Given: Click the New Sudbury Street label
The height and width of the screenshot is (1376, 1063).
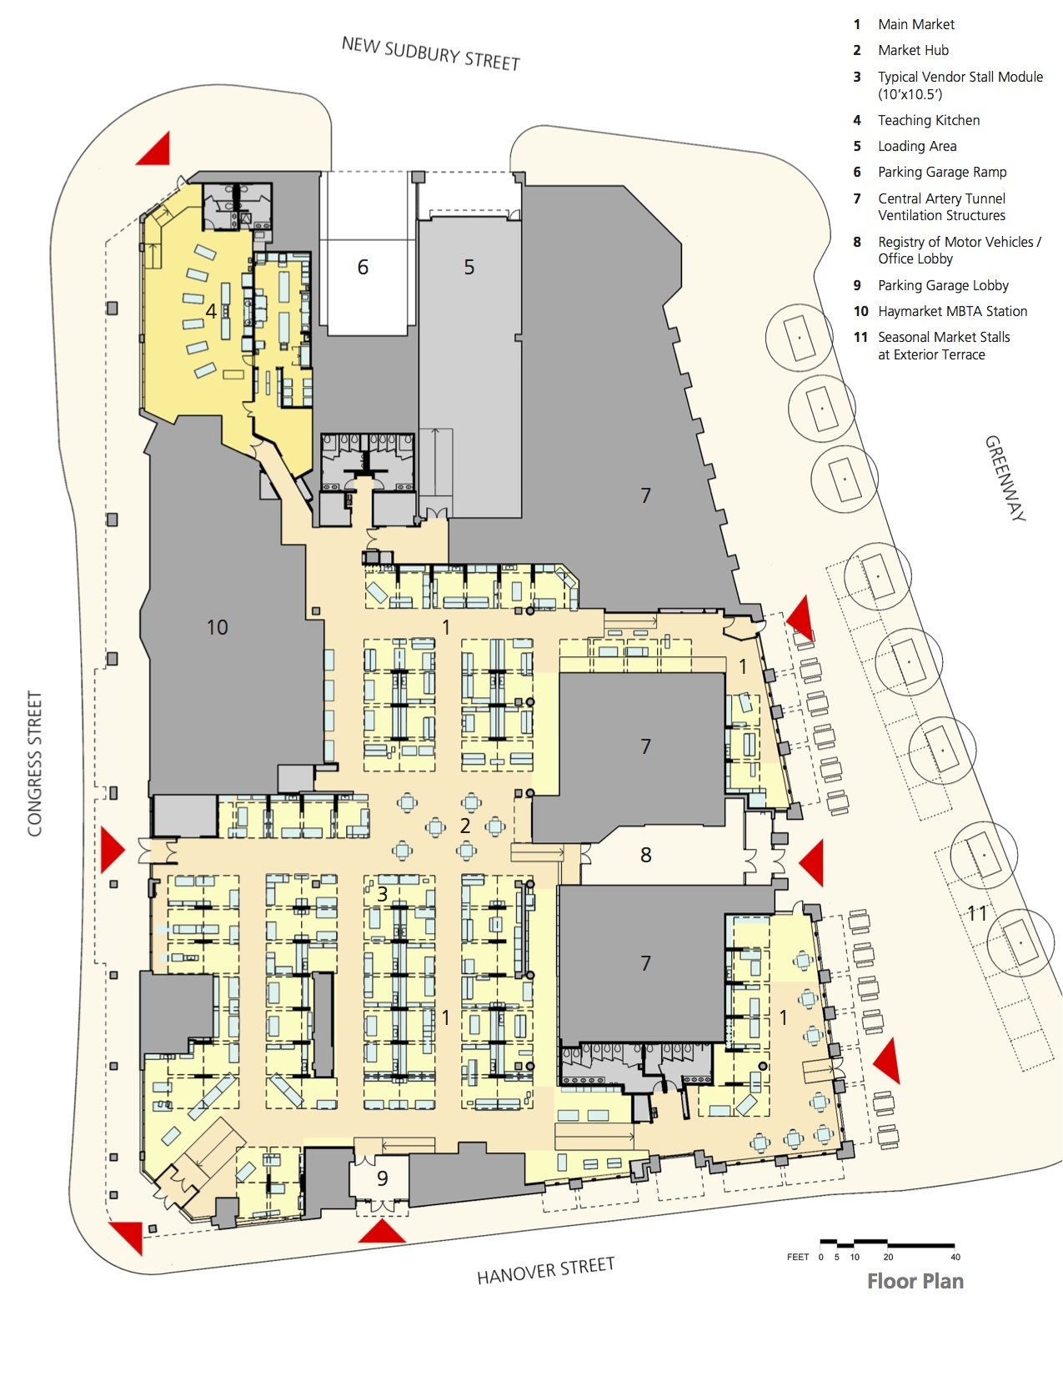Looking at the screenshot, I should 430,53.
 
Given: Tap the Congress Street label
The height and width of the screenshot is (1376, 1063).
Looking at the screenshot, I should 34,763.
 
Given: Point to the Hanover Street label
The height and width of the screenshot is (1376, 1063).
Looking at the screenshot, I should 545,1271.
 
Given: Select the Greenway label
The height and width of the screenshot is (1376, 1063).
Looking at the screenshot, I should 1005,478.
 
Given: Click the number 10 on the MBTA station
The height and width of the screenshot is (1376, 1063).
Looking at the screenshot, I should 217,627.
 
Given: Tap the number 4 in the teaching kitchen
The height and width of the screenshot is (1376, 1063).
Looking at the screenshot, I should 211,311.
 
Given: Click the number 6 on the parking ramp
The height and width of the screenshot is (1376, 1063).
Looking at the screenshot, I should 363,267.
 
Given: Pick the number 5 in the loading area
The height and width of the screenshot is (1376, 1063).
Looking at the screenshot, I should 469,267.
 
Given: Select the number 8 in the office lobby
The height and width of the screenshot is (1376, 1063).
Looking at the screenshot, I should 645,855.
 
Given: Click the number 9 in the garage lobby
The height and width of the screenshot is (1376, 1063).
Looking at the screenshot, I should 382,1178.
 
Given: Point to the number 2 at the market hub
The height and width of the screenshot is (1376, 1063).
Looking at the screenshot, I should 465,826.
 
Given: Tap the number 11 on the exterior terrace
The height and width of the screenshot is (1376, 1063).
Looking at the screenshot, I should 976,913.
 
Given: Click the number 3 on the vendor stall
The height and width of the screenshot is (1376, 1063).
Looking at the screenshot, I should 382,894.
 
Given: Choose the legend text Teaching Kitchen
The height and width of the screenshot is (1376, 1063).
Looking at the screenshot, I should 928,120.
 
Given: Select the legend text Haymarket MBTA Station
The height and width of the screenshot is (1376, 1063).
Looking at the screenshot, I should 952,311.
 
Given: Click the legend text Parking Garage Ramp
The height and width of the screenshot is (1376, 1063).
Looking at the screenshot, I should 942,172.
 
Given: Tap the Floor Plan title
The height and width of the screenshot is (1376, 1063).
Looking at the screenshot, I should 915,1281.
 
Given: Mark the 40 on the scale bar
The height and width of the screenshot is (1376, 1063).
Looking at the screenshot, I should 955,1257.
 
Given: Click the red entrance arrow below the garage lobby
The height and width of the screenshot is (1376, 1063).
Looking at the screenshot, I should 383,1233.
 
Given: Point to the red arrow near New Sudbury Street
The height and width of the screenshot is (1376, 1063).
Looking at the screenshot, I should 155,149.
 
